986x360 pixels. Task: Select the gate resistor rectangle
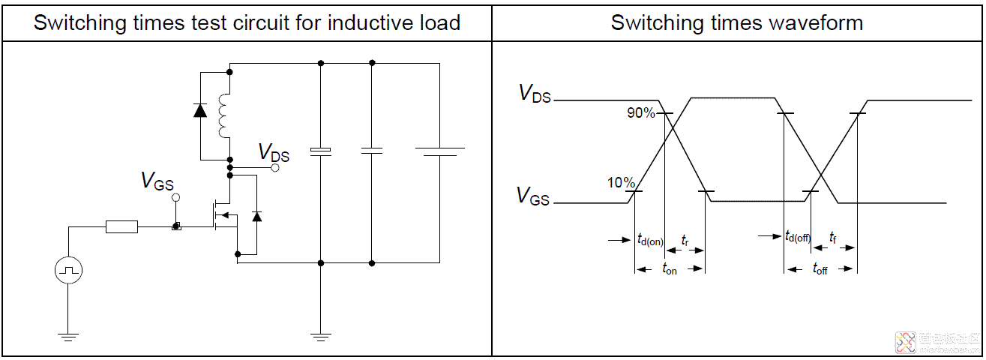121,226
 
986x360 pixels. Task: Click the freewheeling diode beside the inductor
200,110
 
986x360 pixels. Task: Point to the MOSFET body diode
257,216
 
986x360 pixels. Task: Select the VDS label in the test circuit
274,152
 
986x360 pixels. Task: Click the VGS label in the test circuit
157,181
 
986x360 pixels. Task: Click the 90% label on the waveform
642,113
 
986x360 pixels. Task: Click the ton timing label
670,268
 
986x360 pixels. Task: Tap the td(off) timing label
798,238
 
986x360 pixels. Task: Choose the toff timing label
820,268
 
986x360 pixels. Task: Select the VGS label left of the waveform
533,197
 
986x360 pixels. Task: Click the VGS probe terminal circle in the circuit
176,197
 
